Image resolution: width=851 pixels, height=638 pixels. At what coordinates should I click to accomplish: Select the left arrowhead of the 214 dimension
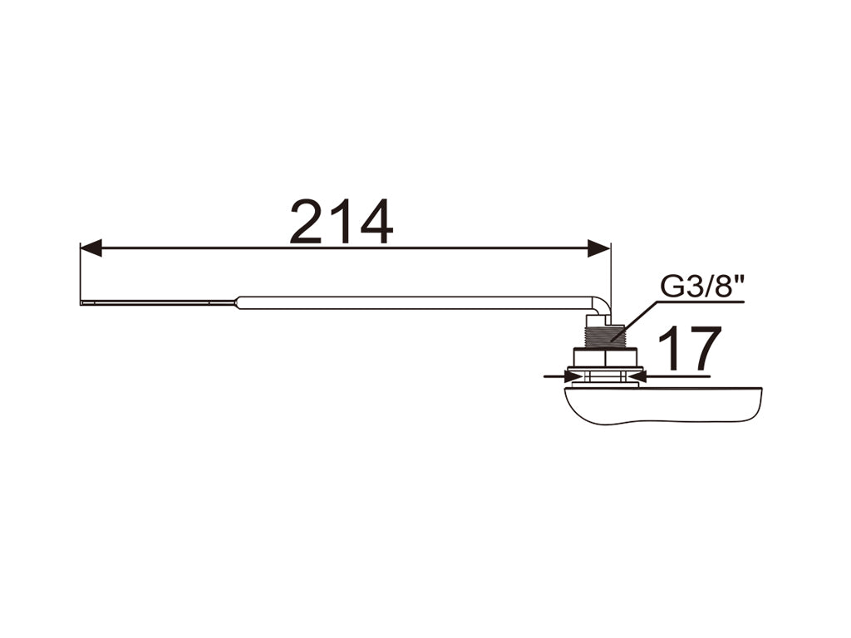click(91, 248)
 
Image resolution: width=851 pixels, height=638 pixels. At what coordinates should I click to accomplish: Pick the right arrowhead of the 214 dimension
click(599, 248)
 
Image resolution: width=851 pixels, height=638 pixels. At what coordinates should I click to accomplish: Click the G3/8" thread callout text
click(701, 287)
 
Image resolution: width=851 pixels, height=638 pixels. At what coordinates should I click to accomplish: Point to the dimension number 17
click(690, 348)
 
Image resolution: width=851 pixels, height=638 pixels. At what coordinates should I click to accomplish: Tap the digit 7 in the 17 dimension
click(703, 348)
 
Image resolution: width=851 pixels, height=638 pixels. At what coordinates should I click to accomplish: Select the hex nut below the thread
click(605, 359)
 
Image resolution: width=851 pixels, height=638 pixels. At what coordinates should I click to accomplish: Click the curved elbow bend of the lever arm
click(603, 306)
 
